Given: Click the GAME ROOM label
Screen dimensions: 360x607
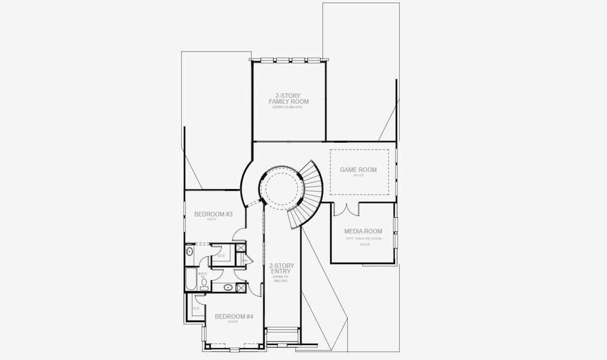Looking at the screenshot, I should click(358, 170).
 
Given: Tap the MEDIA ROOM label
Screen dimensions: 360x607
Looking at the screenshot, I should click(363, 231).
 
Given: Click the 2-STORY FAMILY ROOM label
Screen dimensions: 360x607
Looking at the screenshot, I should click(288, 98).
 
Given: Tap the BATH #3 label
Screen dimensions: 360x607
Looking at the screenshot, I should click(202, 275).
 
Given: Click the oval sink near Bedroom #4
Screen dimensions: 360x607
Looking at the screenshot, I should click(228, 288).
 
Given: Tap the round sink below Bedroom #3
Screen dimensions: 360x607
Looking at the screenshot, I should click(190, 251).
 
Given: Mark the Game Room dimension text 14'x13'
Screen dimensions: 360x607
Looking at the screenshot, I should click(358, 176).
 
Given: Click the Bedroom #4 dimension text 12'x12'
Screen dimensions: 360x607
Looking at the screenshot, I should click(234, 322).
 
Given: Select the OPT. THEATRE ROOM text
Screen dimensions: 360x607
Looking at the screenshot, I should click(363, 239).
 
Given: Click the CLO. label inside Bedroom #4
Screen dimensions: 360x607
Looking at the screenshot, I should click(196, 308).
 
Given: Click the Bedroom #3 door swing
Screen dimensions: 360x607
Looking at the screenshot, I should click(239, 235).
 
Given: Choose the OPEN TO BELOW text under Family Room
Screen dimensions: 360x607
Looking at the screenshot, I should click(288, 107).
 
